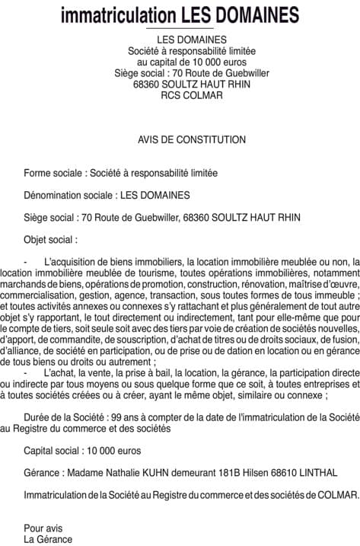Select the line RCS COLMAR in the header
pos(180,95)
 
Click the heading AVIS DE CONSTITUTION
pos(180,139)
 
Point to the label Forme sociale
pos(53,173)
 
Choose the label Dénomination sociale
pos(65,195)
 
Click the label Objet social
pos(49,239)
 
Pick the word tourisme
pos(162,272)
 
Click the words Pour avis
pos(43,528)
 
